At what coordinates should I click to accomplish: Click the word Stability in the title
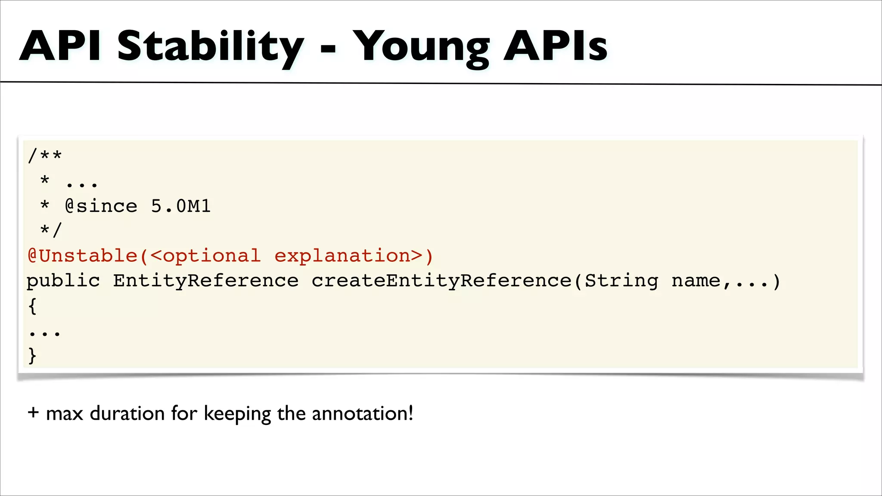tap(210, 46)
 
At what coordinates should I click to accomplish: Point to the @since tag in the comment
tap(101, 206)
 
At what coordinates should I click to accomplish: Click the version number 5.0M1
tap(181, 206)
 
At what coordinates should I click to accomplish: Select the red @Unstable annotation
tap(83, 256)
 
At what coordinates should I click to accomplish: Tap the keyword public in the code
tap(63, 281)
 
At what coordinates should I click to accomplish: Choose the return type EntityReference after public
tap(206, 281)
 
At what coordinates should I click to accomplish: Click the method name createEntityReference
tap(441, 281)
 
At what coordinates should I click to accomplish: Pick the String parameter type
tap(622, 281)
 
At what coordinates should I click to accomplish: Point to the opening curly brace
tap(32, 306)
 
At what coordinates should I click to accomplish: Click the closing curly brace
tap(32, 356)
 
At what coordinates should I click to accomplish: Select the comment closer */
tap(51, 230)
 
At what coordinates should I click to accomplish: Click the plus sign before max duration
tap(33, 412)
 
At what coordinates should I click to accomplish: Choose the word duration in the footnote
tap(127, 413)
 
